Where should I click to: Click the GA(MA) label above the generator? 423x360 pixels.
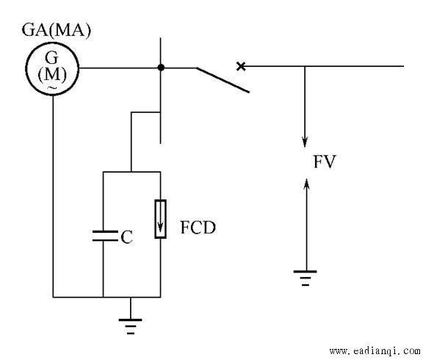56,30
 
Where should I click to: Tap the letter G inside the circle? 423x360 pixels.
51,57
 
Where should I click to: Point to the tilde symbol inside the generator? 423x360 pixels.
52,87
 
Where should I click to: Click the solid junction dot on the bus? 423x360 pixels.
161,68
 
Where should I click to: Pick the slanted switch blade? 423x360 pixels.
223,80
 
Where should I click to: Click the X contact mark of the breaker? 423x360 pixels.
241,66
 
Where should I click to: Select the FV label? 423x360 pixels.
325,162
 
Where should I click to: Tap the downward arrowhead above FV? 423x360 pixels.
305,143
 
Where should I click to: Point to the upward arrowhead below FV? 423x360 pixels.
306,184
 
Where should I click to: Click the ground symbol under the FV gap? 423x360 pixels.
305,278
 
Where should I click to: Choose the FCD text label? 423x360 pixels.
198,228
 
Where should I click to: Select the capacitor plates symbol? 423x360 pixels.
105,236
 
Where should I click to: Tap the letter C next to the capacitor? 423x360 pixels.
126,237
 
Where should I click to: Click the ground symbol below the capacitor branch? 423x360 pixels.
130,326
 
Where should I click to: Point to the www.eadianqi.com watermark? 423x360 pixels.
375,351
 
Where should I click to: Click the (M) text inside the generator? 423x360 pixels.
52,74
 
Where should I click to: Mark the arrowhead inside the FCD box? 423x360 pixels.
161,228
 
